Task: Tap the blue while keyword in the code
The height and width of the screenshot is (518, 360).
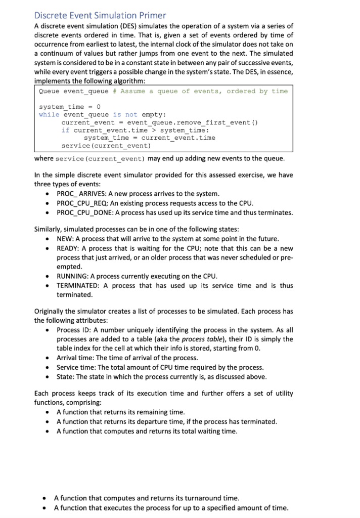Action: pyautogui.click(x=49, y=114)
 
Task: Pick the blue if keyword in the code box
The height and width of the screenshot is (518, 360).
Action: pyautogui.click(x=65, y=130)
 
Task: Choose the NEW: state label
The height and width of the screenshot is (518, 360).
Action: pyautogui.click(x=65, y=239)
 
